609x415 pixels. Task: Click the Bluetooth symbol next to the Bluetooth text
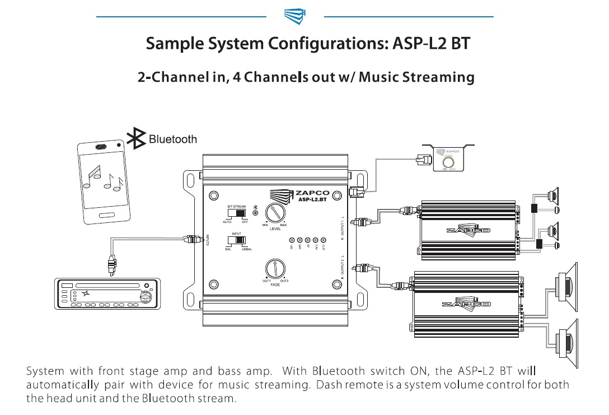click(137, 139)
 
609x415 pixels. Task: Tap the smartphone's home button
click(107, 216)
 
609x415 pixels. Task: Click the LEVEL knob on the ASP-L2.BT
click(275, 213)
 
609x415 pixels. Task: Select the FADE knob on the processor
click(275, 267)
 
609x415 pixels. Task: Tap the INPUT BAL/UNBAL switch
click(237, 240)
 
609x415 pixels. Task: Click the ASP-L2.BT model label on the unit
click(312, 199)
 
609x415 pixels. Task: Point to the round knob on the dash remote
click(448, 164)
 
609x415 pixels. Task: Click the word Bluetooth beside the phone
click(173, 139)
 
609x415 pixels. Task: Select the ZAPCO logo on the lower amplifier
click(466, 304)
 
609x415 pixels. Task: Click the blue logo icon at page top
click(295, 16)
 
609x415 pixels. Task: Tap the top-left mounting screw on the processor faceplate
click(213, 196)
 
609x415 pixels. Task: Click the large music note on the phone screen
click(91, 175)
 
